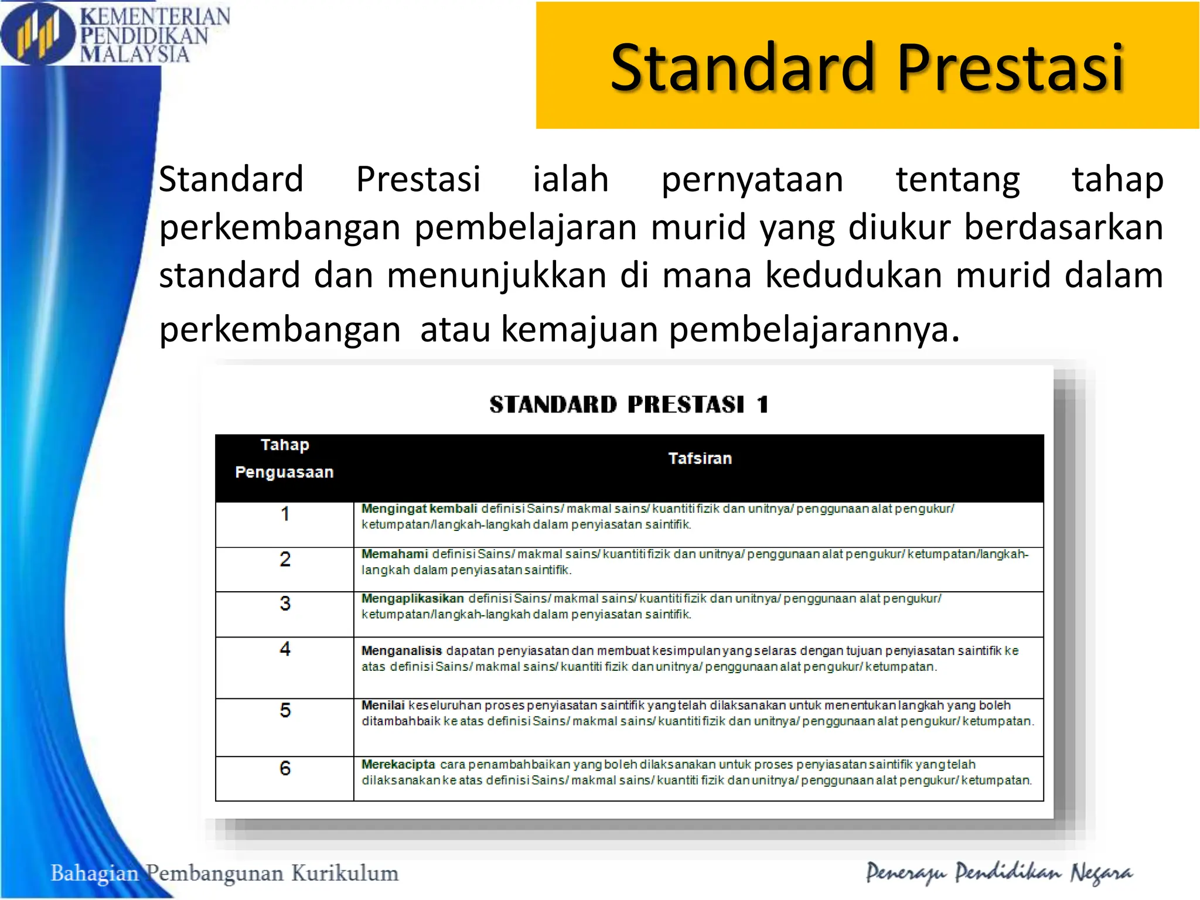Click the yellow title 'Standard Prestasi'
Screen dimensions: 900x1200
[867, 68]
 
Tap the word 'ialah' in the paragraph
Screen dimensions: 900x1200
[570, 179]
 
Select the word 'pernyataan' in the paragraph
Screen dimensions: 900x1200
[752, 180]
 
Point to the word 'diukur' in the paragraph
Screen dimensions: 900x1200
[899, 227]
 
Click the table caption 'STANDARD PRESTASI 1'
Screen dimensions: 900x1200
[629, 404]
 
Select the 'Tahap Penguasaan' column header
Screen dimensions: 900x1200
[284, 459]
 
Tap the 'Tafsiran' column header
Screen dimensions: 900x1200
[700, 459]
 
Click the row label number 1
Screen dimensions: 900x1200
[285, 514]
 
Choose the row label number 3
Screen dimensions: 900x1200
[285, 604]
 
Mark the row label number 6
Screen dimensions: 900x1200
[285, 768]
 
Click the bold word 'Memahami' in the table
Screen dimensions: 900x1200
[394, 554]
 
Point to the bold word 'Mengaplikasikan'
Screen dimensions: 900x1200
[412, 598]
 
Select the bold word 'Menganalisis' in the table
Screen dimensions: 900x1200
[401, 650]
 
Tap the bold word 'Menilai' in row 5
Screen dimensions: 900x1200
[383, 705]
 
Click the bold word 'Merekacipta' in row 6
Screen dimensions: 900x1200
[398, 764]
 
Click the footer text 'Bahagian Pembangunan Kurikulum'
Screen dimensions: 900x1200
[224, 873]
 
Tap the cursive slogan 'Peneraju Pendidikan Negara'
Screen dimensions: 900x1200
[999, 873]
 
